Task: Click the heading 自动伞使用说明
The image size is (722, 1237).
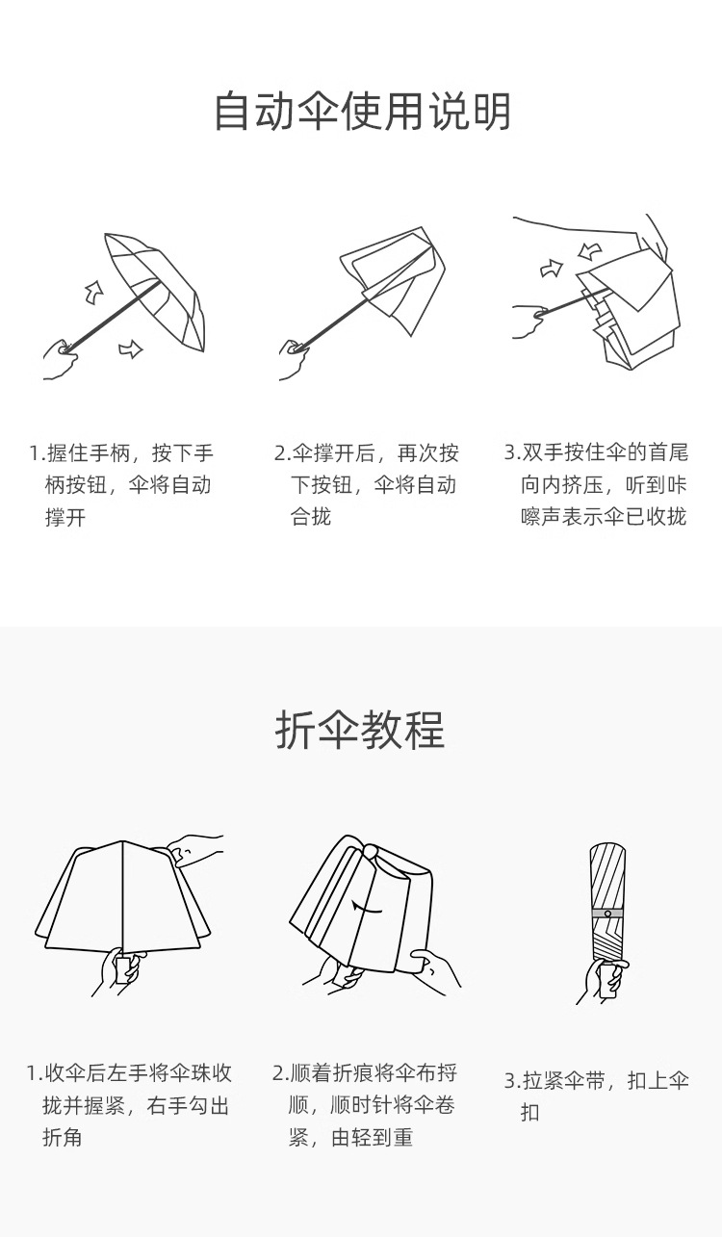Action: coord(361,112)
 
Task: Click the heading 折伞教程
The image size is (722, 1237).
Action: coord(360,731)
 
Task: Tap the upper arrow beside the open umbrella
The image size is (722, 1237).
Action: coord(93,290)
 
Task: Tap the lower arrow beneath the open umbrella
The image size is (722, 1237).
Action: coord(130,348)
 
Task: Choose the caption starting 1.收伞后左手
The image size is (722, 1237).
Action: coord(129,1105)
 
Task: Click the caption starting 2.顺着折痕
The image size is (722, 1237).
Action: coord(366,1105)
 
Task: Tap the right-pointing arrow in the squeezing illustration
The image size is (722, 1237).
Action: coord(552,268)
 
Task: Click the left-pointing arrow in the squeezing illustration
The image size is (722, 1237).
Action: coord(590,251)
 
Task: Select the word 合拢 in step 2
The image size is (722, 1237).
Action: coord(311,517)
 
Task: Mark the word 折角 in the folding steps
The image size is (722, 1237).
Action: coord(63,1138)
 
